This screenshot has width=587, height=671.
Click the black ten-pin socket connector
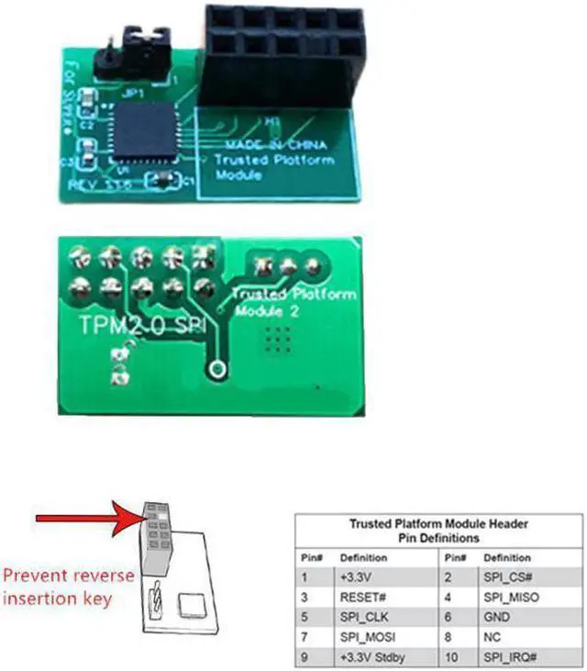[281, 54]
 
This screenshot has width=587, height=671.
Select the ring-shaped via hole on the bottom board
[217, 369]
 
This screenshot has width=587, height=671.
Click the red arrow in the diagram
[87, 520]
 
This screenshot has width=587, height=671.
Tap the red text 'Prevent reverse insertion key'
[70, 587]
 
